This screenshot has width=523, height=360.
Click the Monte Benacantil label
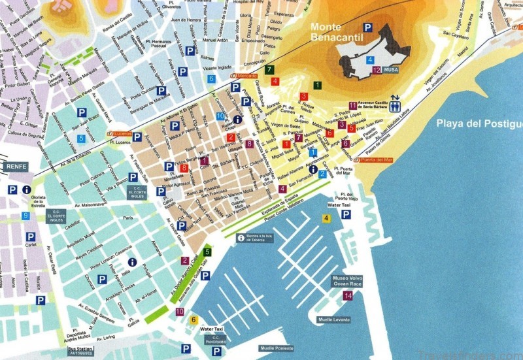(337, 33)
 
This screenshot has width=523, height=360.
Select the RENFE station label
(16, 167)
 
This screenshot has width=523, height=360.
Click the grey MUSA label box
(391, 69)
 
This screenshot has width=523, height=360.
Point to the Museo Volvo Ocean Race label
(349, 282)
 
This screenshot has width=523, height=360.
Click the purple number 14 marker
(348, 296)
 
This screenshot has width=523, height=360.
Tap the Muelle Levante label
(333, 319)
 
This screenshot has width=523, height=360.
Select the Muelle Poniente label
(277, 348)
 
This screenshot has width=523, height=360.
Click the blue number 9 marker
(26, 216)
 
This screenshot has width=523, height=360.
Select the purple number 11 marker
(352, 105)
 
